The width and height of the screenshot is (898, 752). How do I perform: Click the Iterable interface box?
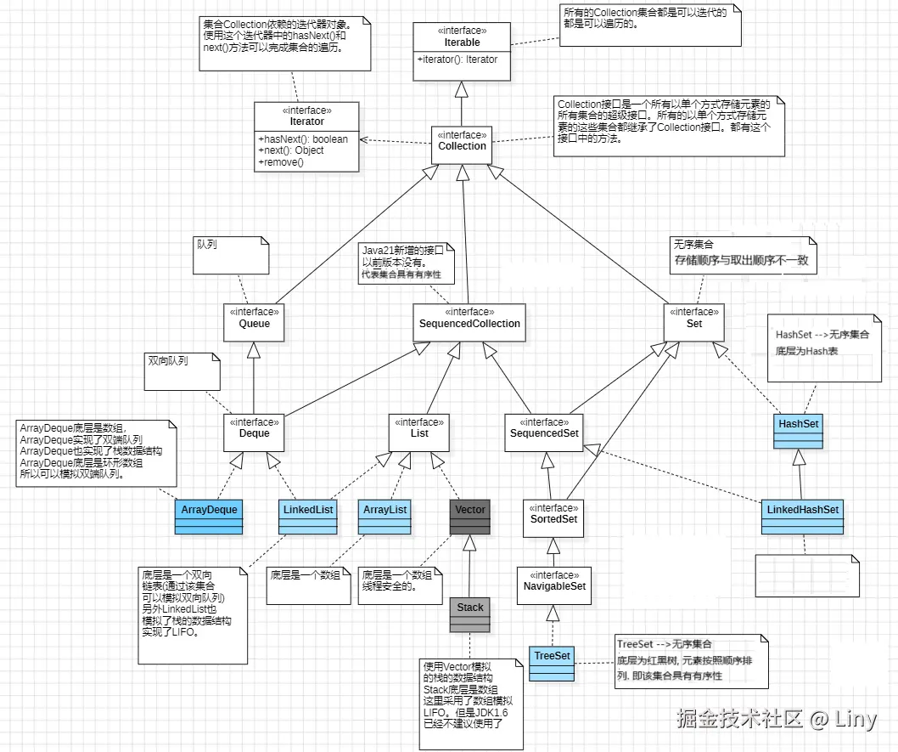point(462,52)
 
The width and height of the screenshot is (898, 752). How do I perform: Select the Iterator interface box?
point(307,137)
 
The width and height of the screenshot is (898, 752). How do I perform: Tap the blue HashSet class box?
point(799,432)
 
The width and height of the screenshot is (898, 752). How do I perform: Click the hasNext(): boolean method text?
point(304,139)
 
